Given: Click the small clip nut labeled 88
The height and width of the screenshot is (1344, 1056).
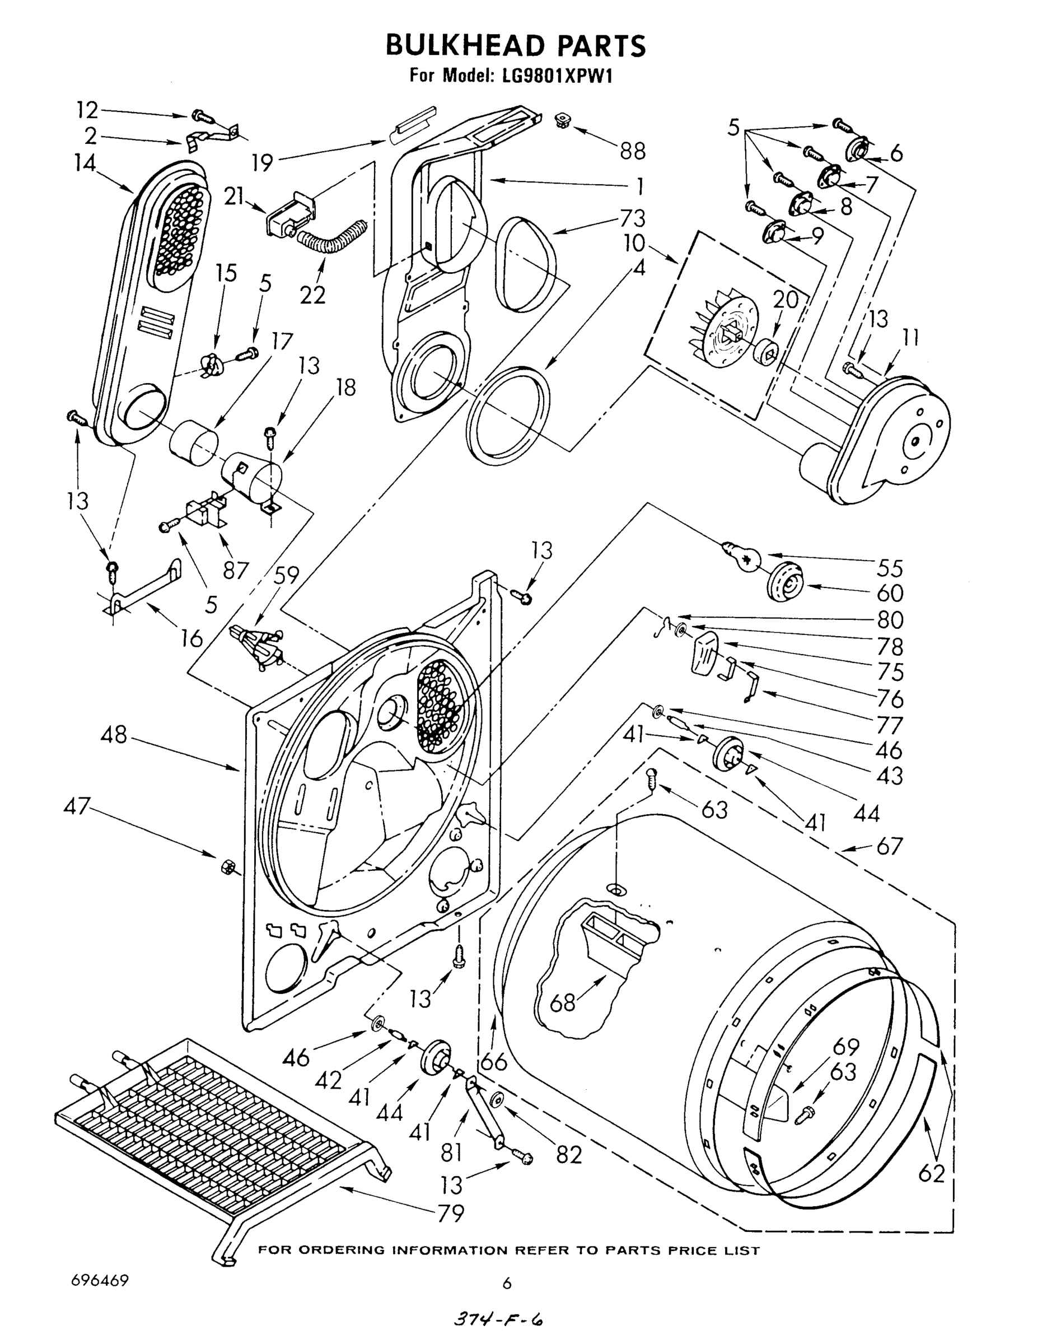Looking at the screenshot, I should coord(563,120).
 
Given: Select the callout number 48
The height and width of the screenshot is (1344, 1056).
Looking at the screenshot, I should coord(113,735).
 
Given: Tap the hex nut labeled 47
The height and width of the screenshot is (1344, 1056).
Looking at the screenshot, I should coord(226,867).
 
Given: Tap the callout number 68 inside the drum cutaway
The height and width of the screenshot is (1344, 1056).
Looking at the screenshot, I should coord(563,1003).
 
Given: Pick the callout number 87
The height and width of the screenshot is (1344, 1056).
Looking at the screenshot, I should coord(236,570).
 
